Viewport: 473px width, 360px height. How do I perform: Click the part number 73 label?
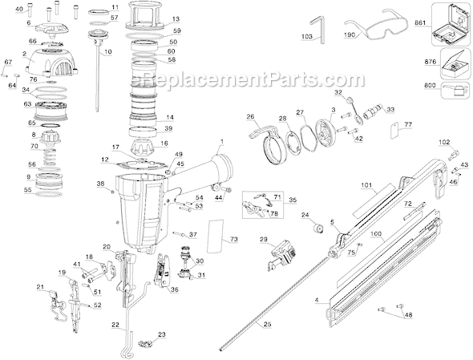pos(233,239)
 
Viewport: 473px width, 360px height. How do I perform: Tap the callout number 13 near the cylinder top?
pos(176,18)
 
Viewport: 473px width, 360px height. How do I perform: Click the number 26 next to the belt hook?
pos(250,116)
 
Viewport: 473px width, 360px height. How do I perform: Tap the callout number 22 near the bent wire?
pos(115,324)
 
